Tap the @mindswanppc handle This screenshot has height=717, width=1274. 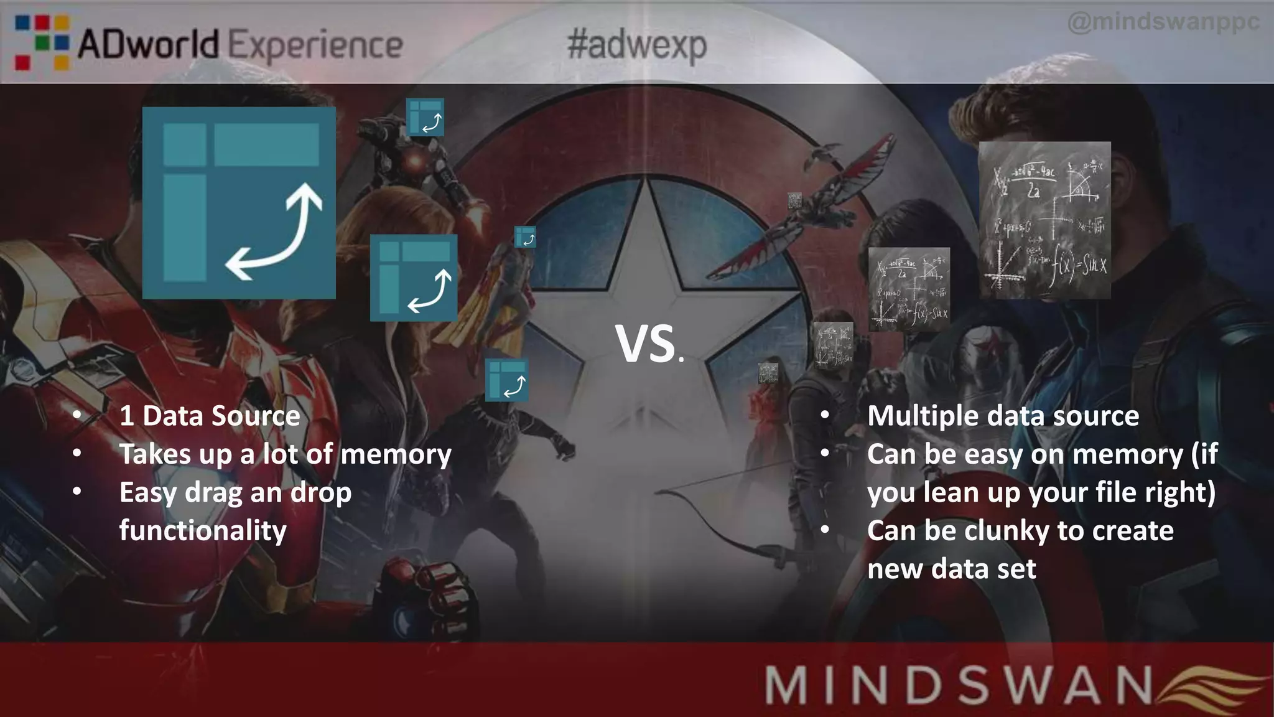point(1163,22)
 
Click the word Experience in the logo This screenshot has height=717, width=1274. point(315,46)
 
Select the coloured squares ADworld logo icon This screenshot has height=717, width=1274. point(41,42)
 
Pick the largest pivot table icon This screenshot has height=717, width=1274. point(239,203)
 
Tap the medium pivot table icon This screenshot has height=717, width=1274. point(414,278)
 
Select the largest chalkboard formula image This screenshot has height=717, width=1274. point(1044,220)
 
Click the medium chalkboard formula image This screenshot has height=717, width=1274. point(909,289)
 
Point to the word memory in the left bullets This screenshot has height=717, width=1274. point(396,454)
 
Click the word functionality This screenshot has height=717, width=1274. point(203,531)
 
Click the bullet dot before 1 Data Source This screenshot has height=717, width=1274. point(77,415)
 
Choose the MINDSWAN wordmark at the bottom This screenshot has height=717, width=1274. point(958,685)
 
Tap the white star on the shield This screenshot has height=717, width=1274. point(647,274)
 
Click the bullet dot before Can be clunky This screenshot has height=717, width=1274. point(825,530)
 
